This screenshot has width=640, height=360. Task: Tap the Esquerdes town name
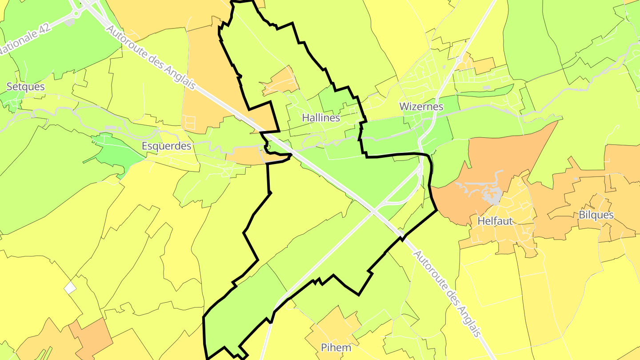click(167, 146)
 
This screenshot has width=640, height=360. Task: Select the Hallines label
click(321, 118)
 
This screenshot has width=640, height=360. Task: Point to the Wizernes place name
click(421, 107)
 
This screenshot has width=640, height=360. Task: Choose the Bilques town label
click(596, 215)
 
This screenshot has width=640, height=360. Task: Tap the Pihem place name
click(336, 348)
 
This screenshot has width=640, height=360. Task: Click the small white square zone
click(70, 288)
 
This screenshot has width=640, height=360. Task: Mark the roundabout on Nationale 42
click(75, 13)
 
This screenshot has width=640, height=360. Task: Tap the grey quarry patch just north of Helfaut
click(492, 196)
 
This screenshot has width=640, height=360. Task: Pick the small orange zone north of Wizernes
click(476, 64)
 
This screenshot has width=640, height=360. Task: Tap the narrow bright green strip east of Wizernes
click(484, 91)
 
